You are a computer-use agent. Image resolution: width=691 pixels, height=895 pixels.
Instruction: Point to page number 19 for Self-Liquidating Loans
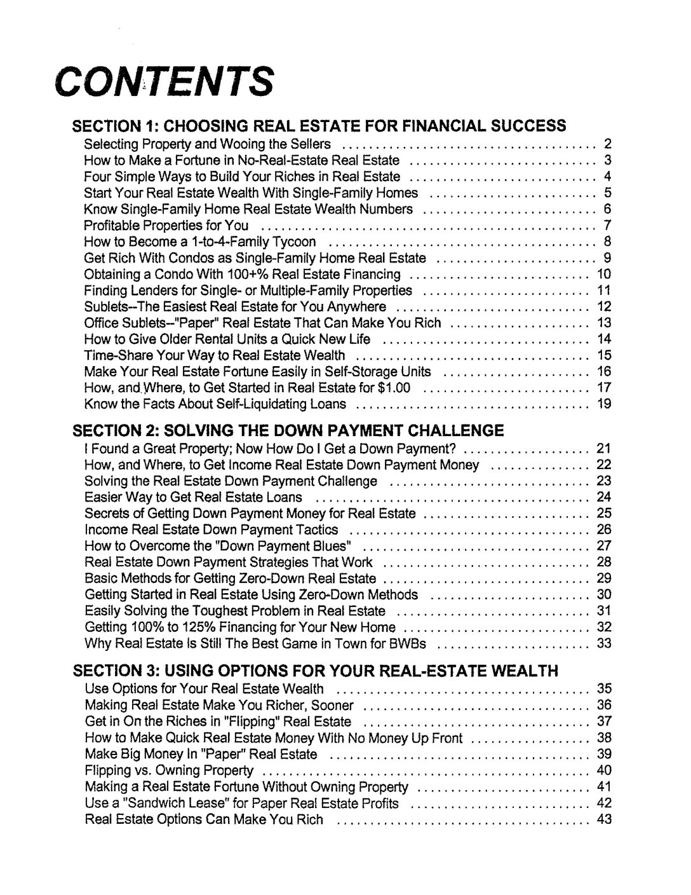[x=604, y=404]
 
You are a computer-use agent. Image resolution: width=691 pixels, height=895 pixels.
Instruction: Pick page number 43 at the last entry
[x=604, y=819]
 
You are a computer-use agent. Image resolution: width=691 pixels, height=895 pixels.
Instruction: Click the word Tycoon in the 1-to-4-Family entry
[x=293, y=242]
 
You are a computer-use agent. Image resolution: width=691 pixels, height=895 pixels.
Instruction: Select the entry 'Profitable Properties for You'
[x=166, y=226]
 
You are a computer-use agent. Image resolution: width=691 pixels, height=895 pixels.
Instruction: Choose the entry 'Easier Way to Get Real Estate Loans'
[x=194, y=497]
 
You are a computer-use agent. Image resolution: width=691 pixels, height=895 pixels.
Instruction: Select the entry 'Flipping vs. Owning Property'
[x=169, y=771]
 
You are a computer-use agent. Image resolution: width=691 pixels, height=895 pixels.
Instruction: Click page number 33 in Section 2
[x=604, y=643]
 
